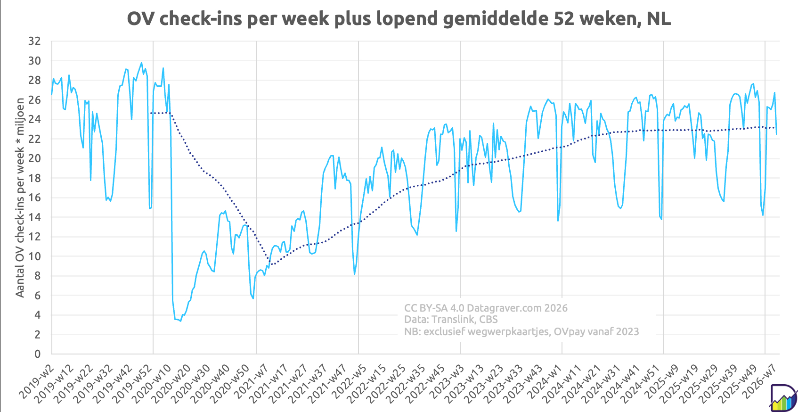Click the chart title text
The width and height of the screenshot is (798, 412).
399,19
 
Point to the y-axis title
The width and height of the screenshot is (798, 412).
20,198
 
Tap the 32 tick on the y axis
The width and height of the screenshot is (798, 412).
34,41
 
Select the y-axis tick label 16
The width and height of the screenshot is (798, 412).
34,198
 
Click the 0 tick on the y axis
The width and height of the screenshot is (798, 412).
37,354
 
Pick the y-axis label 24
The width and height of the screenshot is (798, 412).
34,119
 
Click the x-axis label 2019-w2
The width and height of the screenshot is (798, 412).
37,377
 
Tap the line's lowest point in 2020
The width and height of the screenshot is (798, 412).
180,321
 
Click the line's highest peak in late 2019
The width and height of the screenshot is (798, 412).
141,62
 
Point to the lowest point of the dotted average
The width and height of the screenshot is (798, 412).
270,265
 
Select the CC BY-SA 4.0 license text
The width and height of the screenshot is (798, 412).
434,308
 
